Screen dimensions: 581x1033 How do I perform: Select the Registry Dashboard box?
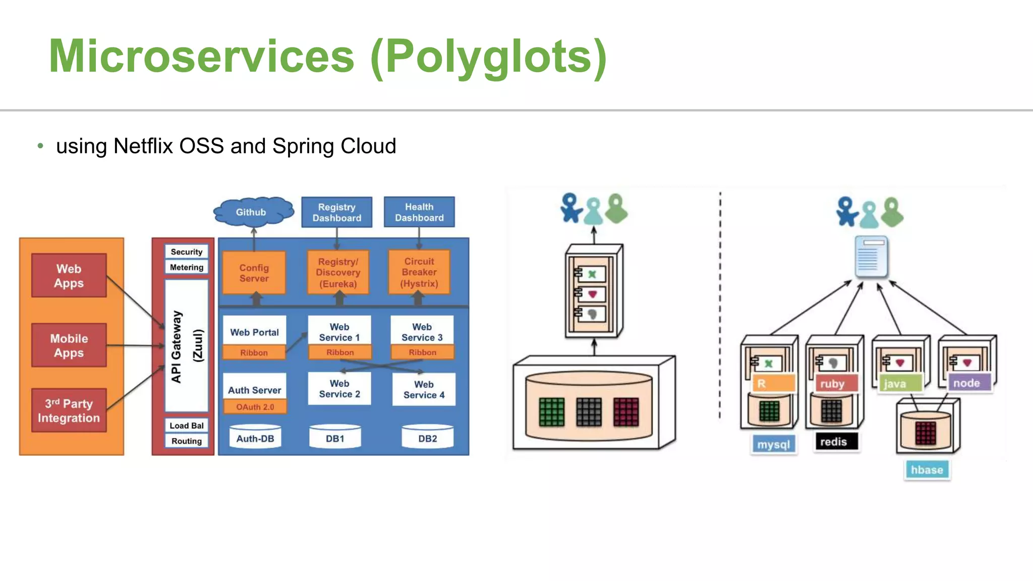[337, 212]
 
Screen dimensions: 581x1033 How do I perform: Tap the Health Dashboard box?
[419, 212]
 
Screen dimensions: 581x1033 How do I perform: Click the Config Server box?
[254, 273]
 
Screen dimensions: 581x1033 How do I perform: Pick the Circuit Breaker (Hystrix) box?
[419, 272]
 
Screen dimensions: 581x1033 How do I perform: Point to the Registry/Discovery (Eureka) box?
[338, 272]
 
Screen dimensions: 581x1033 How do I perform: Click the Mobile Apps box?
[69, 345]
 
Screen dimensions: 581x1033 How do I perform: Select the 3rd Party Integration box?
[69, 411]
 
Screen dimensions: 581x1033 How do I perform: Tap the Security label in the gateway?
[186, 252]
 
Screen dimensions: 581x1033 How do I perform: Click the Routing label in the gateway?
[186, 441]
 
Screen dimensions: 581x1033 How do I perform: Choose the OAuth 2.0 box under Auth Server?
[255, 407]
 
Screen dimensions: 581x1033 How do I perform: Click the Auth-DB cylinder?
[255, 438]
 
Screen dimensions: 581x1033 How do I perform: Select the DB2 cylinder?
[427, 438]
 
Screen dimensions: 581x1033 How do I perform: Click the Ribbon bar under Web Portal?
[254, 353]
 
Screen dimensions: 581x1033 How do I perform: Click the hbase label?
[927, 470]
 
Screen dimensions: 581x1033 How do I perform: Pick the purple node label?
[966, 383]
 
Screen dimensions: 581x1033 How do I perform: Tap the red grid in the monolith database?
[626, 412]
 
